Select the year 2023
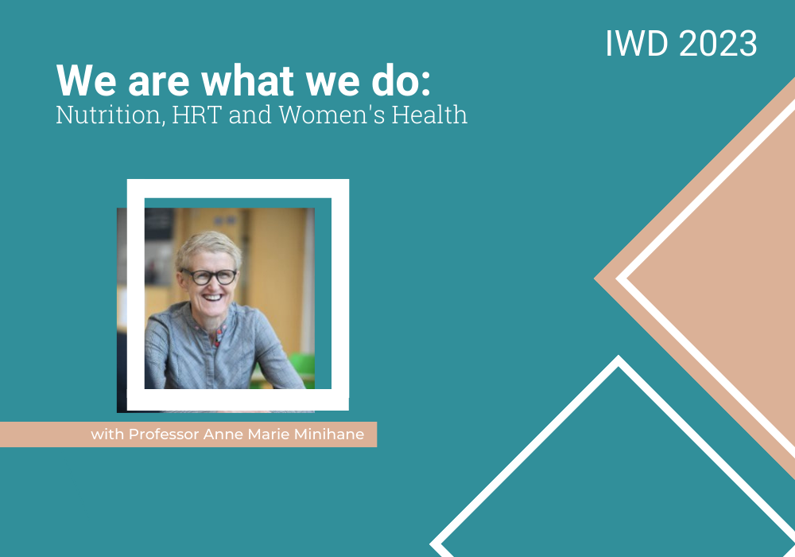point(718,43)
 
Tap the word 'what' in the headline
point(248,80)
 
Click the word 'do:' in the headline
point(401,80)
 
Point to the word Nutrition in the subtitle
point(111,115)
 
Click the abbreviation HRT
point(196,115)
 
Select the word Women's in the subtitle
point(332,115)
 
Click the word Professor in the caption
point(163,434)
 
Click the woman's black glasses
point(210,276)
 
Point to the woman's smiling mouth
point(212,298)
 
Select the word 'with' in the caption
point(107,434)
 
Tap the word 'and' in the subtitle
point(250,115)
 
